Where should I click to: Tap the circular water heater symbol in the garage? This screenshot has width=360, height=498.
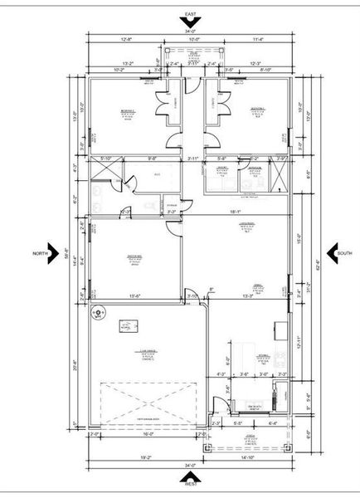[x=98, y=314]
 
